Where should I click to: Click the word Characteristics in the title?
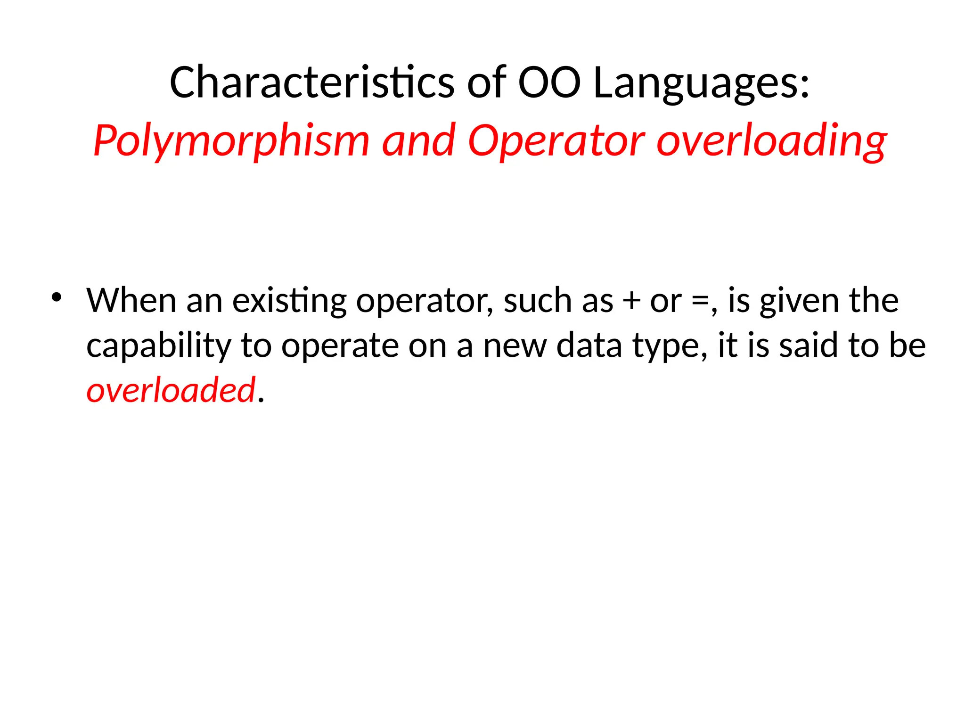311,82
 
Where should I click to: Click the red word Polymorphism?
231,140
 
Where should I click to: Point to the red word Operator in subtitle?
556,140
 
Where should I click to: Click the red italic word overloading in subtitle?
771,140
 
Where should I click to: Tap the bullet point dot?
57,297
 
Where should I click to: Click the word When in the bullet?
131,300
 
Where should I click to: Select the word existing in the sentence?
289,300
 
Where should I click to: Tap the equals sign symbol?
699,301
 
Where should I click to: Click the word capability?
158,346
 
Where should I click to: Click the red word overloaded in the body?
171,390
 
